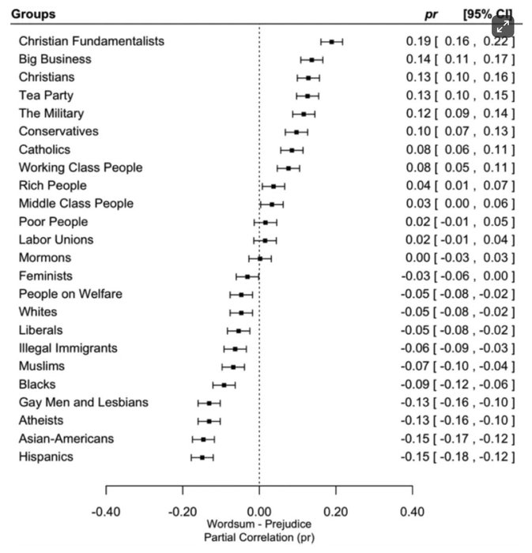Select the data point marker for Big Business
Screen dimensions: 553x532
[x=311, y=59]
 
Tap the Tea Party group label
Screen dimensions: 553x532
[x=46, y=96]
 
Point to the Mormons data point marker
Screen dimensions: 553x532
[x=259, y=258]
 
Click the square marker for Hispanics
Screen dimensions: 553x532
[x=202, y=457]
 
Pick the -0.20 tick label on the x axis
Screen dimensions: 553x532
[x=183, y=511]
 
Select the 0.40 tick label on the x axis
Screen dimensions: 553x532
[x=412, y=511]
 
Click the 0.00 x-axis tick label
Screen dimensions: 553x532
[x=259, y=511]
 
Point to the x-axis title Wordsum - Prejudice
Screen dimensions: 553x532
[x=259, y=525]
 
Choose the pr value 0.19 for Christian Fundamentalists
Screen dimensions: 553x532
[x=417, y=41]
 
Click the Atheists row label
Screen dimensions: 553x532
[x=41, y=421]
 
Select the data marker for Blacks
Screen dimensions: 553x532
[x=224, y=385]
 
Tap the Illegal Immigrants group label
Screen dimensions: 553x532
[x=68, y=348]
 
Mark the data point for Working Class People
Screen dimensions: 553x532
[x=288, y=167]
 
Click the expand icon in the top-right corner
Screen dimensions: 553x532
[x=503, y=25]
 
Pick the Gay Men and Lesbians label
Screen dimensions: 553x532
[x=83, y=403]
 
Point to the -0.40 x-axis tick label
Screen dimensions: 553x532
[x=106, y=511]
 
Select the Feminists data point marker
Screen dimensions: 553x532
[x=247, y=276]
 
